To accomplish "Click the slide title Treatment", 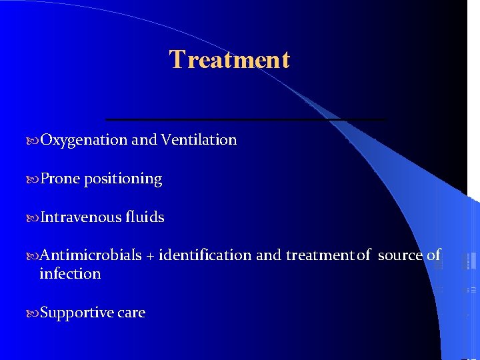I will [229, 60].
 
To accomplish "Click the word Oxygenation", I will [84, 140].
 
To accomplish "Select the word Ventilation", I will [199, 140].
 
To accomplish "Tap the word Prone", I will [60, 179].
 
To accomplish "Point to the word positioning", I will [123, 179].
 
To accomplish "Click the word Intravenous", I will [83, 217].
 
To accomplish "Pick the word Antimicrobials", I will [91, 255].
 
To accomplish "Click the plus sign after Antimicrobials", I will [150, 256].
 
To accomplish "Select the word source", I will [400, 255].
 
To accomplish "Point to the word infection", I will [70, 274].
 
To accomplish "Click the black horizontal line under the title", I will [245, 119].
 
